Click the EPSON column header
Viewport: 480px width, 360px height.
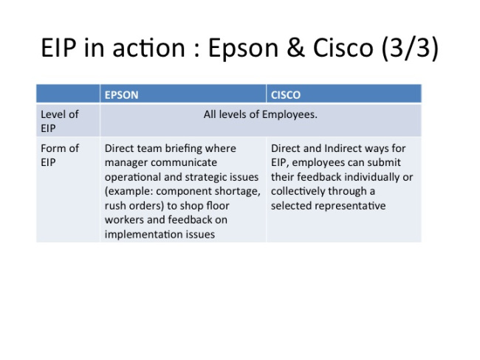click(121, 95)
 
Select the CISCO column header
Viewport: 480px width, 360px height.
click(285, 95)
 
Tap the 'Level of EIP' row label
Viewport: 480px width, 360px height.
click(60, 121)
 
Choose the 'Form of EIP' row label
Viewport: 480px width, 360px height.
click(60, 155)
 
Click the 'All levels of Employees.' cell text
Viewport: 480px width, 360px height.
click(260, 114)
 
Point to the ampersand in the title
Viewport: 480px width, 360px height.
click(295, 47)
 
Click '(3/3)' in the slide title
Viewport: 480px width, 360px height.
click(410, 49)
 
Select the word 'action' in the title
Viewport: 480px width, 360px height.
click(148, 49)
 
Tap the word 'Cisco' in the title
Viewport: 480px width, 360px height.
click(343, 48)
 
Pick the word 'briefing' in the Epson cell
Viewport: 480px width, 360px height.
click(183, 148)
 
